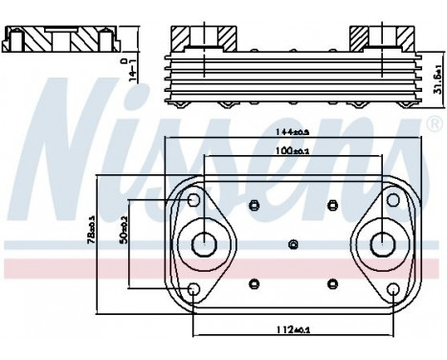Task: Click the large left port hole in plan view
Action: point(204,244)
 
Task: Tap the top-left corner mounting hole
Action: point(194,200)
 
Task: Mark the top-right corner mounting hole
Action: point(392,200)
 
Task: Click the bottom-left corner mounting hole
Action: point(194,288)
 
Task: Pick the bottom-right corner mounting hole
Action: point(392,288)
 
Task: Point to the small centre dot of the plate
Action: point(293,244)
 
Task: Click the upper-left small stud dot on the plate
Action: point(255,204)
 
